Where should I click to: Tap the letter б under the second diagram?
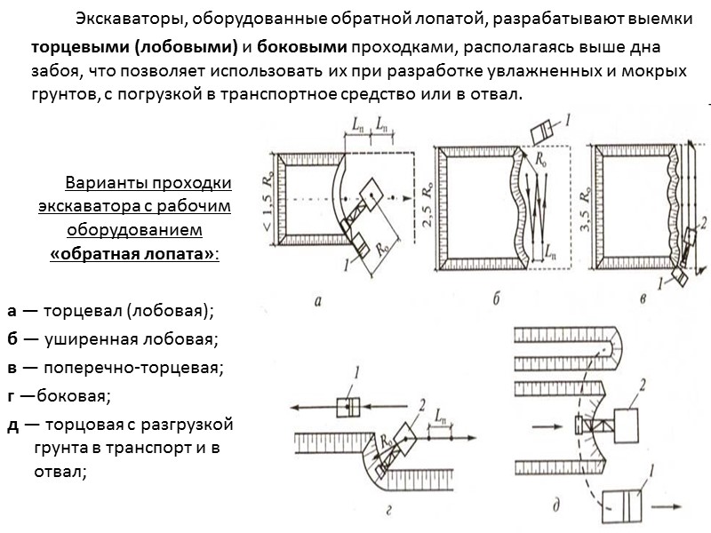pyautogui.click(x=495, y=300)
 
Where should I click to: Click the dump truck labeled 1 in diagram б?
pyautogui.click(x=541, y=132)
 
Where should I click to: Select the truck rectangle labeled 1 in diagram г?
pyautogui.click(x=348, y=405)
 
